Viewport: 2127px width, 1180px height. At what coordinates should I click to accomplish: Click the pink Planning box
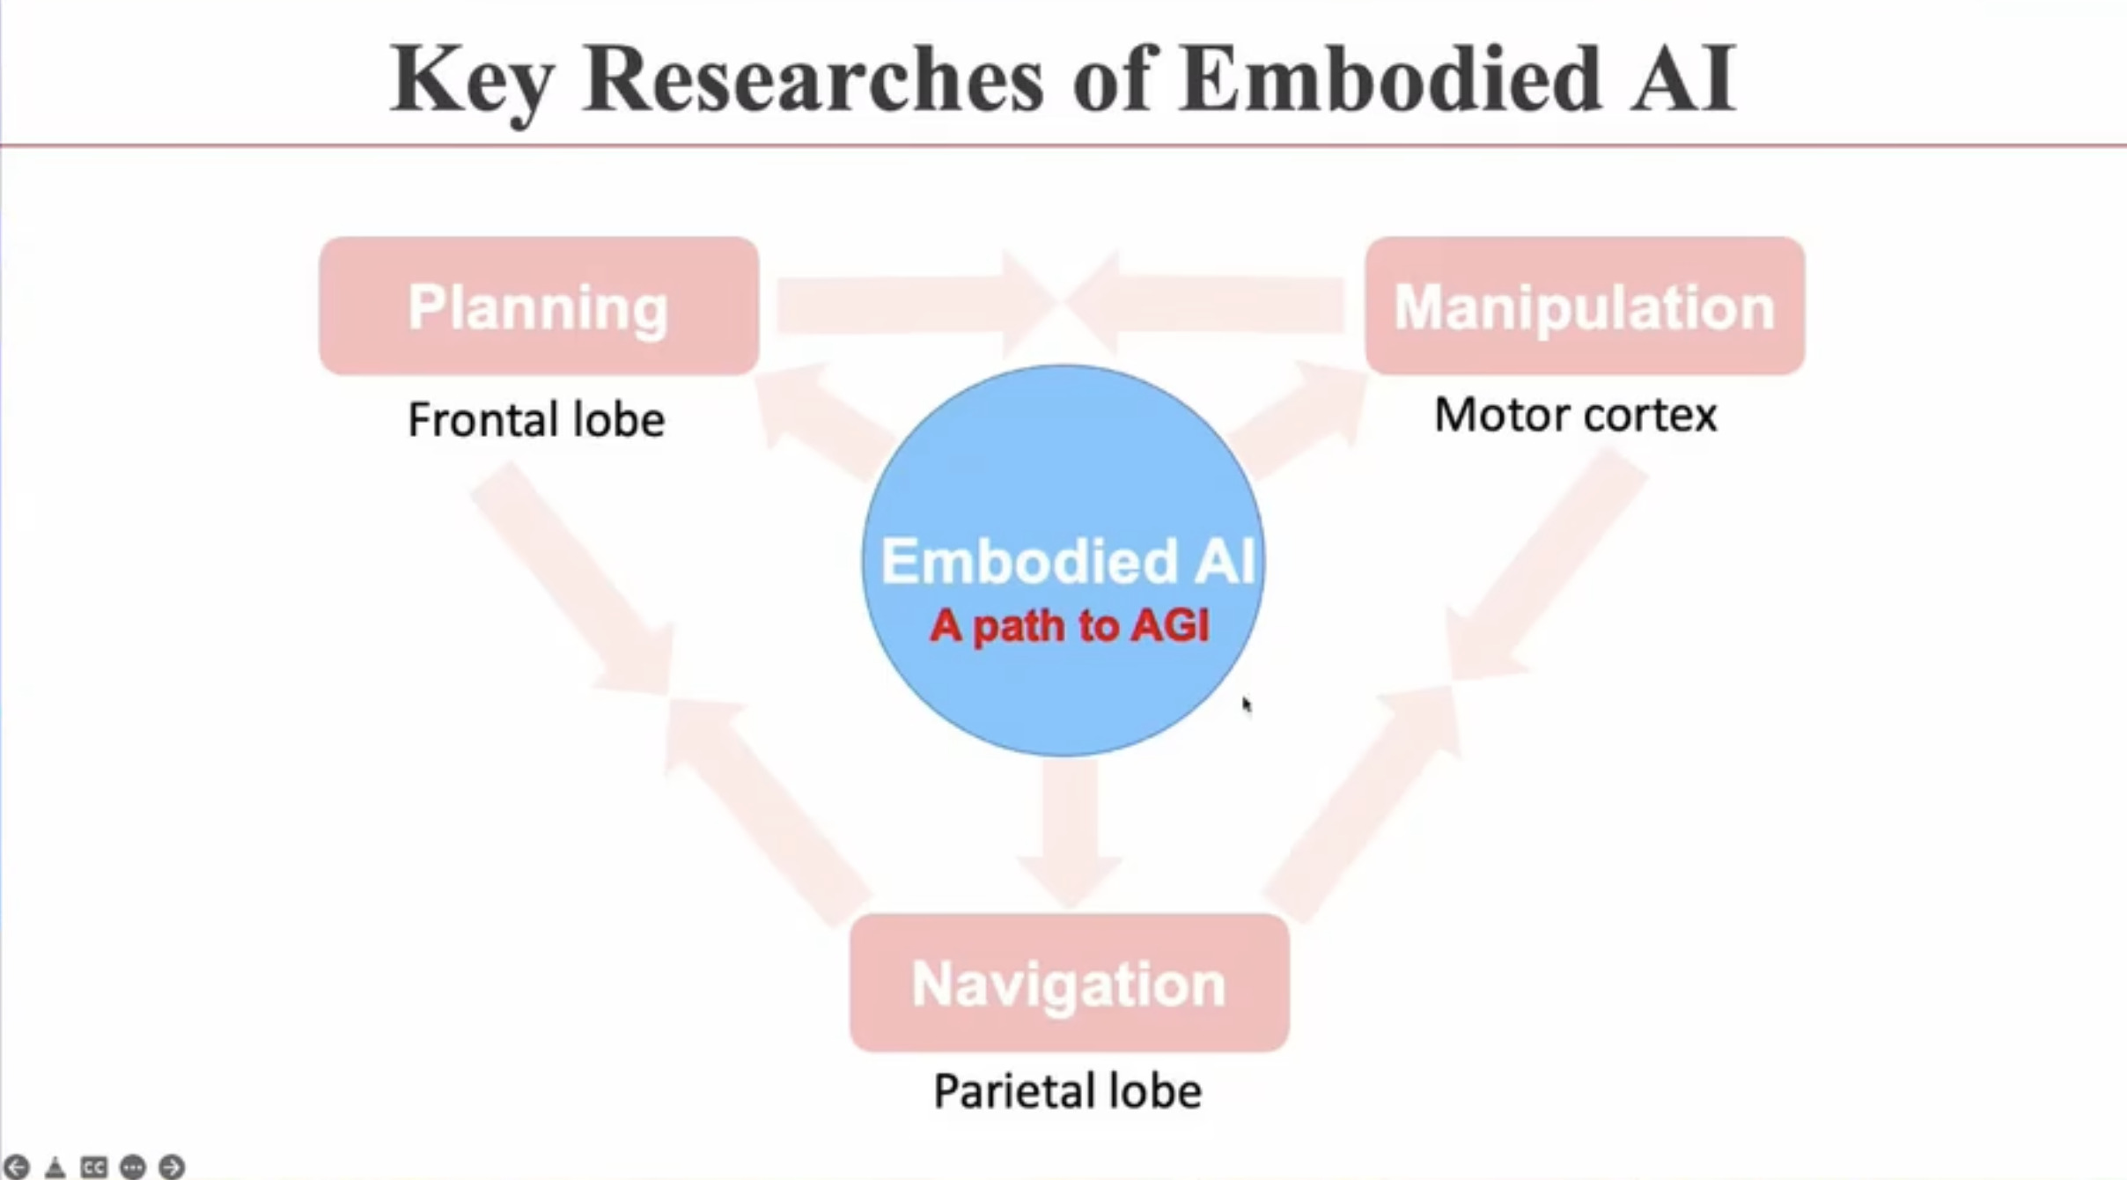point(539,306)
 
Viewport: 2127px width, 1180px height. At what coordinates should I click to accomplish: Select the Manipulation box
point(1585,306)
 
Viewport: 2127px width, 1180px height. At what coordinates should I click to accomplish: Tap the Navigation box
point(1069,983)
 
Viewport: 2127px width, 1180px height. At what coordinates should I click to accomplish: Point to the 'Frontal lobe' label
point(536,419)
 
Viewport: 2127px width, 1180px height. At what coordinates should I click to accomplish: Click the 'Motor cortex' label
point(1575,415)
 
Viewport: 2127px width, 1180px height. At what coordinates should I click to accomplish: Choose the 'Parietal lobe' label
point(1067,1091)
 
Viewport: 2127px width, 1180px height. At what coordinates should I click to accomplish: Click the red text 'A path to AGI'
point(1069,626)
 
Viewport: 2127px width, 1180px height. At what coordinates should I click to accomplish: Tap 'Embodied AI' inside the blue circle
point(1067,561)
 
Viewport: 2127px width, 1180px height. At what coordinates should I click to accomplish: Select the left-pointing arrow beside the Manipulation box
point(1206,304)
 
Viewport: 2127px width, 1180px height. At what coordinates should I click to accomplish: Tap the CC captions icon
point(93,1167)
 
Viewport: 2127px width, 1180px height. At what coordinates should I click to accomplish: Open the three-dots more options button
point(132,1167)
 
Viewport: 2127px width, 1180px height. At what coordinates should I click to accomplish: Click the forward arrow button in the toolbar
point(172,1167)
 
